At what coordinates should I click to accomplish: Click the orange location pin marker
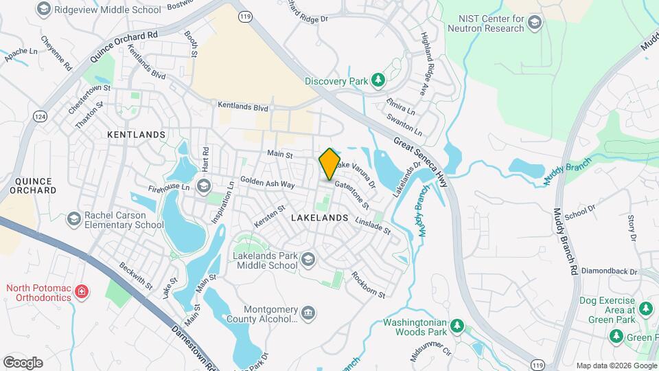tap(329, 164)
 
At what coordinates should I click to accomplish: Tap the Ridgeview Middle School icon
tap(45, 9)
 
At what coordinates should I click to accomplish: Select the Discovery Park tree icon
tap(377, 80)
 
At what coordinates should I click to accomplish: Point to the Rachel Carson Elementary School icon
tap(73, 219)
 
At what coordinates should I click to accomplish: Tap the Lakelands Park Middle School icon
tap(308, 259)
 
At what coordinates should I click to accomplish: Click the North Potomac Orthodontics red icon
tap(82, 292)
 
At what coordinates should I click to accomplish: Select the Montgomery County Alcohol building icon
tap(308, 313)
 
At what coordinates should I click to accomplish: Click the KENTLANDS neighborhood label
tap(137, 135)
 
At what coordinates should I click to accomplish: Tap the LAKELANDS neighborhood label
tap(320, 217)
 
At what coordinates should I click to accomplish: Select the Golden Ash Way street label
tap(268, 184)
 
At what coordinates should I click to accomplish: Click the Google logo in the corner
tap(23, 362)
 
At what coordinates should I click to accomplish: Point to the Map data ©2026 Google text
tap(615, 366)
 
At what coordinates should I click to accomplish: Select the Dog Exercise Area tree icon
tap(646, 309)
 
